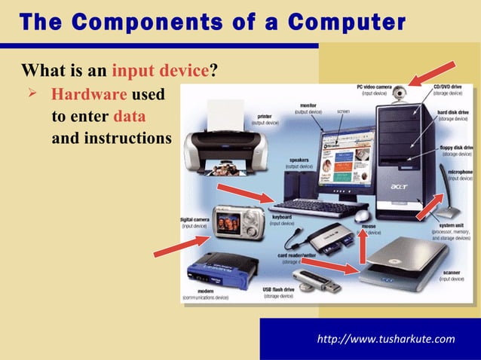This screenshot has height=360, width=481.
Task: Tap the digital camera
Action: click(234, 220)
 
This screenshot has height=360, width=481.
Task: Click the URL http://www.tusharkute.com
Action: click(388, 338)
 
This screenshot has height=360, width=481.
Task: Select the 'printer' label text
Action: click(265, 116)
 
